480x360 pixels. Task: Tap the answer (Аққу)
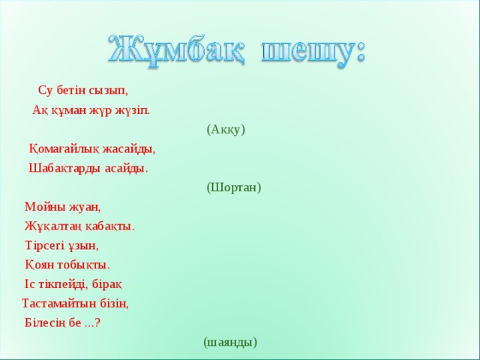tap(226, 129)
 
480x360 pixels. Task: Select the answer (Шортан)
tap(234, 187)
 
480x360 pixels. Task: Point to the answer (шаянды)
tap(230, 342)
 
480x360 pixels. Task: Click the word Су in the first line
tap(45, 91)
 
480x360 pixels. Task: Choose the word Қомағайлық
tap(62, 148)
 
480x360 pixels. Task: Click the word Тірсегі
tap(47, 245)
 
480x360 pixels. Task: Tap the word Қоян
tap(40, 265)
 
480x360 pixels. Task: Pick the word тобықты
tap(85, 265)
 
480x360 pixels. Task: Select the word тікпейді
tap(63, 284)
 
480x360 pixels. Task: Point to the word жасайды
tap(131, 148)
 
